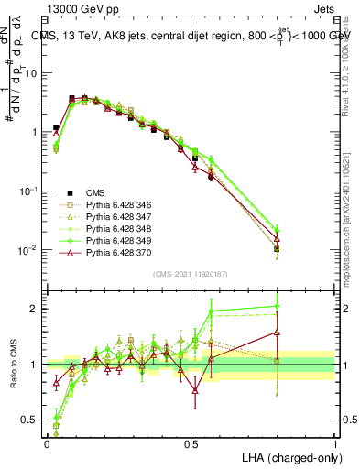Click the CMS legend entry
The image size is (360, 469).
pyautogui.click(x=96, y=192)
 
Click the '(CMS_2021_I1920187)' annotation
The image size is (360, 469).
pyautogui.click(x=191, y=272)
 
